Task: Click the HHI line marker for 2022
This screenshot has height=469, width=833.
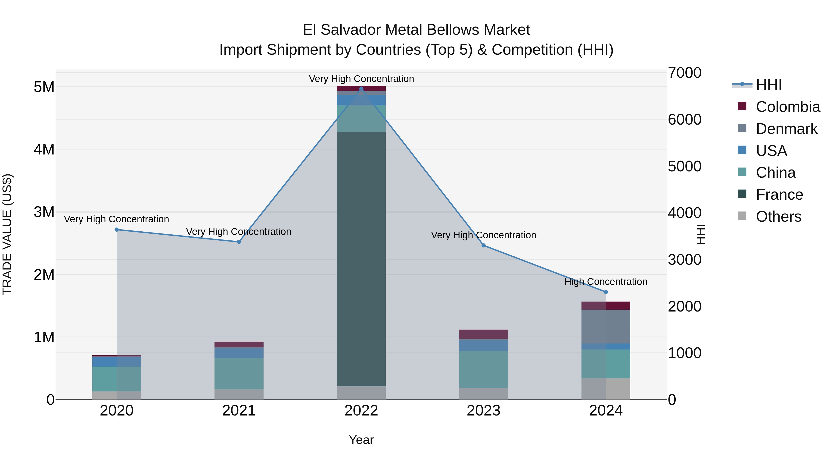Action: coord(361,89)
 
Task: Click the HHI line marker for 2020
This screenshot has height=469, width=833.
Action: coord(117,230)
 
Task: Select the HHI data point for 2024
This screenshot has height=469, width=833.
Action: coord(606,292)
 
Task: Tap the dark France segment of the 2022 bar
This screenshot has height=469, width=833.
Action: coord(361,259)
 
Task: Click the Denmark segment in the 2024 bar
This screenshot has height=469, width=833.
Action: coord(606,326)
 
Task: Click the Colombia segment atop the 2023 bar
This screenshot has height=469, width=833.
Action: coord(483,334)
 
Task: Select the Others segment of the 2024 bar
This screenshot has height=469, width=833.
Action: coord(606,388)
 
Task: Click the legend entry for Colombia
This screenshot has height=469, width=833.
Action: coord(787,107)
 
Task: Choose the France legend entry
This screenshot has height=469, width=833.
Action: coord(779,195)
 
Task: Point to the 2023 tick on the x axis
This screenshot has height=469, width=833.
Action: coord(483,411)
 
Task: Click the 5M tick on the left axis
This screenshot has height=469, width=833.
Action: coord(44,87)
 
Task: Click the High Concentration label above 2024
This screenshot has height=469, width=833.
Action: coord(606,282)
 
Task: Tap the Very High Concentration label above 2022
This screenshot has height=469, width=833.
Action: coord(361,79)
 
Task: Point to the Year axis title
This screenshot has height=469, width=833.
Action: coord(361,440)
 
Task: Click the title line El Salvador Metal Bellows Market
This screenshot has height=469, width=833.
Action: coord(416,30)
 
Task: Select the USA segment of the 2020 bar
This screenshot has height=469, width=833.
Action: coord(117,361)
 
